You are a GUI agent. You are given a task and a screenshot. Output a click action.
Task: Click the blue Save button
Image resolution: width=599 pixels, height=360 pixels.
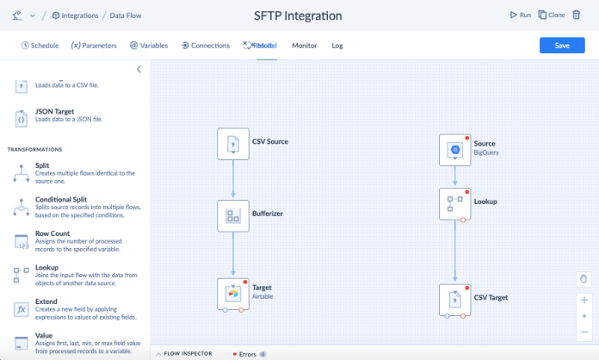pos(561,46)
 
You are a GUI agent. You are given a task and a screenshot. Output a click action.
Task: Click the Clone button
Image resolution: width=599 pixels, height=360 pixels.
pos(552,15)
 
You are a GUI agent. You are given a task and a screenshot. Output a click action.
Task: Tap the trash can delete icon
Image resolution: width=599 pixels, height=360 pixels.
pos(577,15)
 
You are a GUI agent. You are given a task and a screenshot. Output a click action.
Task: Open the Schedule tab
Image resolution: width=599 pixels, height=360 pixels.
pos(40,46)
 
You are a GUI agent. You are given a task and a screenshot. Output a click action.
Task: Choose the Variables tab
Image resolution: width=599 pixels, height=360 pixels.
pos(148,46)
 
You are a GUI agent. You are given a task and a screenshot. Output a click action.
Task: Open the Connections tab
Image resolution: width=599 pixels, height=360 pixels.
pos(205,46)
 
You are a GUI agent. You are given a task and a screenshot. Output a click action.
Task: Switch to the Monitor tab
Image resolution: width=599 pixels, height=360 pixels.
pos(305,46)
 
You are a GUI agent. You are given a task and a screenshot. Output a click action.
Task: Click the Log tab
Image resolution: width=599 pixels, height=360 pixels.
pos(337,46)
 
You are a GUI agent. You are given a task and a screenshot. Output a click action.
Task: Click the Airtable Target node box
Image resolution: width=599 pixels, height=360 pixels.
pos(232,293)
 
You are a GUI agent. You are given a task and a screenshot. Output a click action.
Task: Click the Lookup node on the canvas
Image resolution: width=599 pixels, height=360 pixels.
pos(454,203)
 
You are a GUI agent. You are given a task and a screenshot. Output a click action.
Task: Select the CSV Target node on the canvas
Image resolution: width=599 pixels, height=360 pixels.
pos(454,299)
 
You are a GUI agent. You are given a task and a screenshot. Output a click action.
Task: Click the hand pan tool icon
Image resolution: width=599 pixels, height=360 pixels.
pos(584,279)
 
